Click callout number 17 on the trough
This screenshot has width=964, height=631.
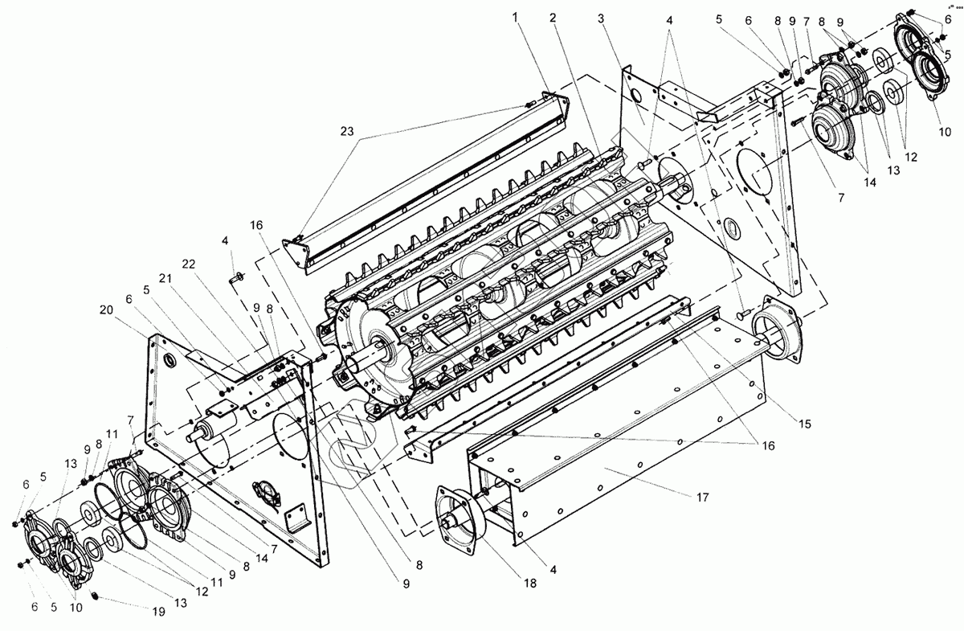(702, 498)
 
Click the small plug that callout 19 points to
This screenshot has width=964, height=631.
(95, 596)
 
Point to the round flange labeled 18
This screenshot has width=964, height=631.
(455, 518)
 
